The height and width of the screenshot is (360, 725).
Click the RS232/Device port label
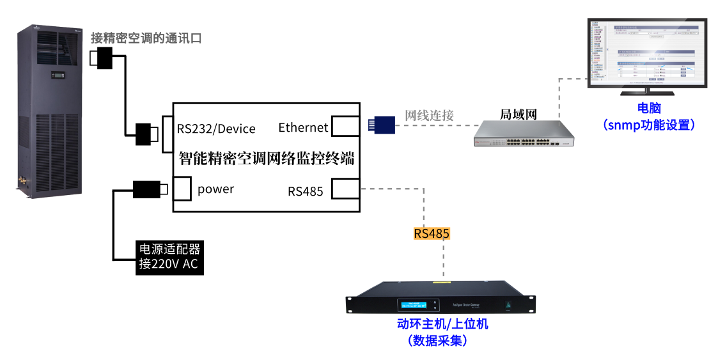[x=216, y=129]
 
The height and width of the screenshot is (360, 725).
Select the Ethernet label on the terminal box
[x=303, y=127]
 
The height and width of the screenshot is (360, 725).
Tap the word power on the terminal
[x=215, y=189]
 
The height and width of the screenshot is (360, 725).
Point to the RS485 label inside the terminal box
[x=305, y=191]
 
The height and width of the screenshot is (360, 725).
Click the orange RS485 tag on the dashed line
[x=432, y=233]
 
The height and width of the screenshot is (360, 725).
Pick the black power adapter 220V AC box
[x=169, y=258]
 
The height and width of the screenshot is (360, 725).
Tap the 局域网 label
[x=518, y=114]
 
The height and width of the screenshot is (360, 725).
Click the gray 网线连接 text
[x=429, y=116]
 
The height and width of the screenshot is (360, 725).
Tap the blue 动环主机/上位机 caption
[x=442, y=324]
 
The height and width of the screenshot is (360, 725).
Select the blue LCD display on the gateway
[x=414, y=305]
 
